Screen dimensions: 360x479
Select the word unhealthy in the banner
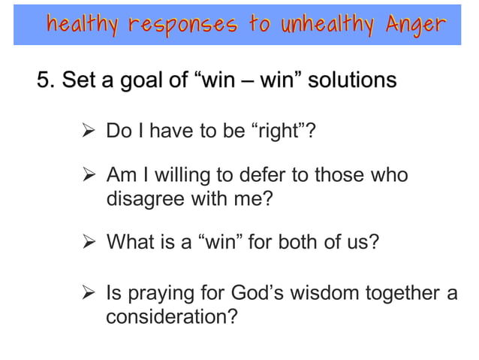(325, 24)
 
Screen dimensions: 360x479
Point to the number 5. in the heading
(47, 79)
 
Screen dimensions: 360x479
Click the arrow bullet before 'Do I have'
(89, 133)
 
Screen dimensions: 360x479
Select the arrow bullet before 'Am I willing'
(89, 177)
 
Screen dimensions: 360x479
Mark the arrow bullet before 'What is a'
(89, 243)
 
